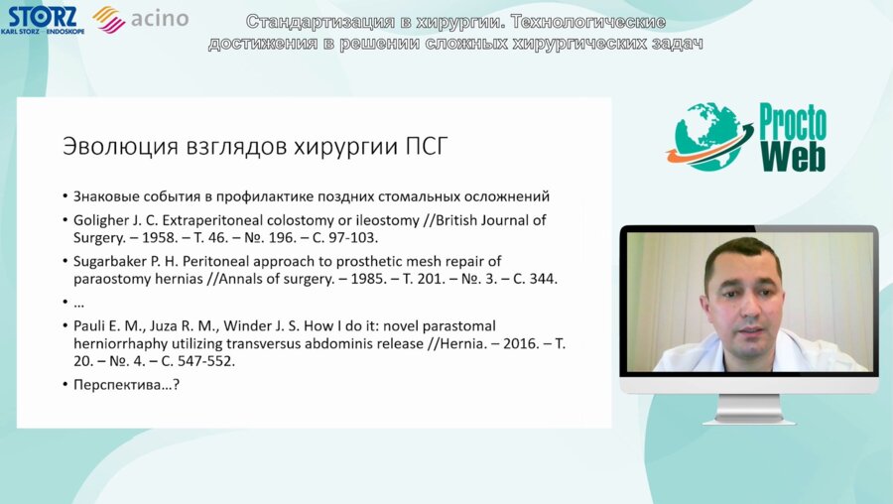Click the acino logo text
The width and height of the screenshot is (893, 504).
click(159, 19)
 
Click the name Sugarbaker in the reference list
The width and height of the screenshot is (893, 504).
click(113, 261)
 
